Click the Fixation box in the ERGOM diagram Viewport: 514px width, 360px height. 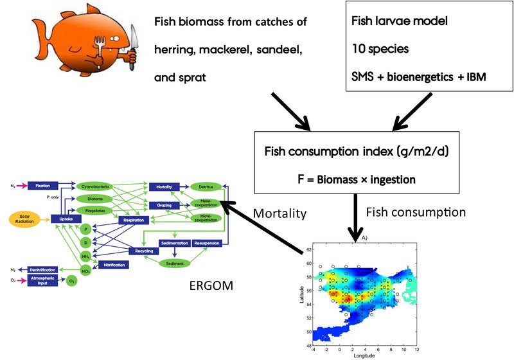click(x=43, y=186)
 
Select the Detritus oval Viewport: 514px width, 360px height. click(x=206, y=186)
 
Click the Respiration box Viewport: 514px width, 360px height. click(x=133, y=221)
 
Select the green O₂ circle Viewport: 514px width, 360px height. click(x=71, y=281)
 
